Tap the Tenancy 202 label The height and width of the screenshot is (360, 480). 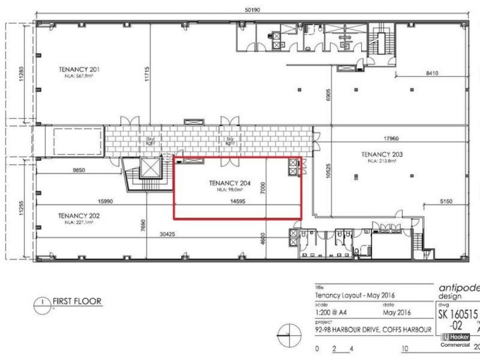coord(79,215)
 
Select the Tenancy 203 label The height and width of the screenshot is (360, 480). coord(382,154)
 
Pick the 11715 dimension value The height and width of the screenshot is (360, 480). coord(146,73)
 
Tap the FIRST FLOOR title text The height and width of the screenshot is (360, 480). coord(77,301)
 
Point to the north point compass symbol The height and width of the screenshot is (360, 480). coord(289,332)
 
